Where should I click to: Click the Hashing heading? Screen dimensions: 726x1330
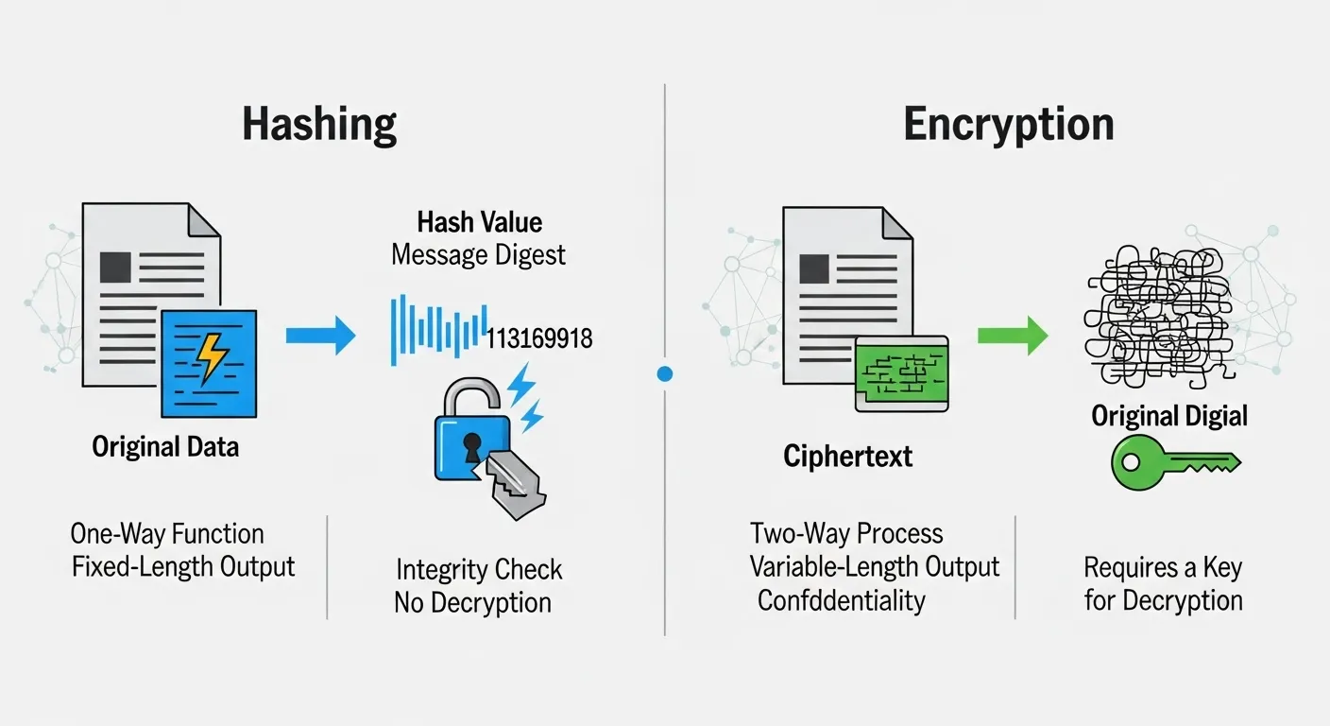tap(319, 125)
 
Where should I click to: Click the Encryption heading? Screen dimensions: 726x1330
tap(1008, 125)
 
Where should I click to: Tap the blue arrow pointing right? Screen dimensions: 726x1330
tap(320, 336)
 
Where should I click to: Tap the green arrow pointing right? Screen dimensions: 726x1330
tap(1013, 336)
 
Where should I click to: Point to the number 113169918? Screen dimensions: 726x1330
tap(538, 338)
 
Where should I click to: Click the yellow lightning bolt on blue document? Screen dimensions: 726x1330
tap(210, 359)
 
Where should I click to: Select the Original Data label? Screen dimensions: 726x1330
tap(165, 446)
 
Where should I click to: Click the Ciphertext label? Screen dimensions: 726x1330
tap(847, 457)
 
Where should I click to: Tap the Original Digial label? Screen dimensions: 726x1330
tap(1169, 416)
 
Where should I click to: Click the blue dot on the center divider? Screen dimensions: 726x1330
tap(664, 374)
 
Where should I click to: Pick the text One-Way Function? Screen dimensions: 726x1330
tap(167, 534)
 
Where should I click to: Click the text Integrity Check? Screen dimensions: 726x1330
tap(479, 570)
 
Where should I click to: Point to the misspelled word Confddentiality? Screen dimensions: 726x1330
tap(841, 600)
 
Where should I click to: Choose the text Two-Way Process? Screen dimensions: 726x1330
tap(846, 533)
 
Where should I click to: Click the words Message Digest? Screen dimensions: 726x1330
tap(479, 254)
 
